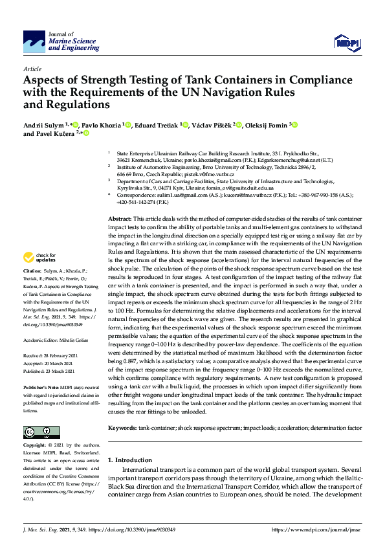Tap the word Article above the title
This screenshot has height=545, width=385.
tap(32, 68)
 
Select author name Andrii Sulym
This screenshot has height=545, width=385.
tap(44, 125)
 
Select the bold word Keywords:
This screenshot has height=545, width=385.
tap(122, 428)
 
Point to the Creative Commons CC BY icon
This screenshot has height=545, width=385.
tap(38, 432)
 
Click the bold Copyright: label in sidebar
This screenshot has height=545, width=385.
tap(35, 446)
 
